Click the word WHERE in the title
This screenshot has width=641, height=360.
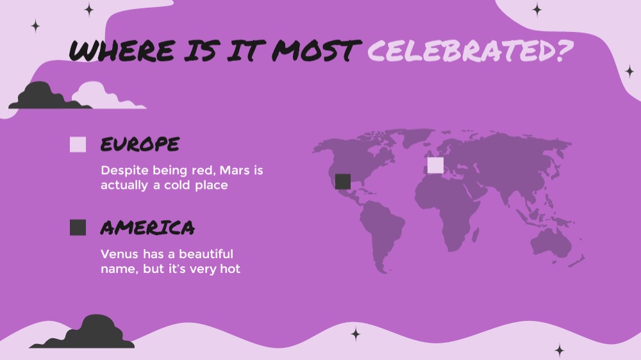point(122,50)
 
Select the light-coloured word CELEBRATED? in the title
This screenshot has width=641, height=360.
point(470,51)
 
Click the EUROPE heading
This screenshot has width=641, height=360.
point(140,144)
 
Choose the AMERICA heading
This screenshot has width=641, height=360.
point(147,227)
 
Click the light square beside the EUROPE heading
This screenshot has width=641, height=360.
point(78,144)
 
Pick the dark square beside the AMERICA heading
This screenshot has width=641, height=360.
point(78,227)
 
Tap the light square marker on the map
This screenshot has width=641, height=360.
point(435,165)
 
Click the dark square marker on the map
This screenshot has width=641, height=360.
point(342,181)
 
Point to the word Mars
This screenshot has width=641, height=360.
point(235,170)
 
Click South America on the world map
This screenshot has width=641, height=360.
point(382,233)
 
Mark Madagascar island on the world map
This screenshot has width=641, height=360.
point(475,235)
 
